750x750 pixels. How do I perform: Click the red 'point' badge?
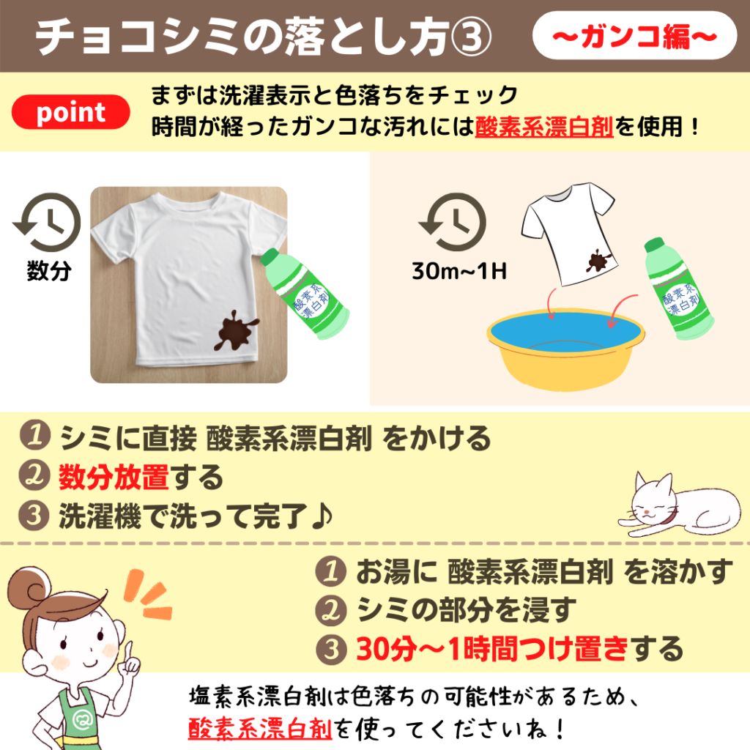(x=71, y=112)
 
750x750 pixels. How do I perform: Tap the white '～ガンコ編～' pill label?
(x=634, y=36)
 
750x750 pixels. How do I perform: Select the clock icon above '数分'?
(x=48, y=222)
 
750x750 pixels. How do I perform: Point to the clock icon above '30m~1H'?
(x=453, y=222)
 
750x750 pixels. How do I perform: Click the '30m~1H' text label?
(x=459, y=271)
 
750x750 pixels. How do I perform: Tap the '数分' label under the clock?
(x=49, y=271)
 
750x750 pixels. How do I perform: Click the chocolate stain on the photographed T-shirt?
(x=235, y=330)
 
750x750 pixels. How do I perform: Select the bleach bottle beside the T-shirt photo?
(x=305, y=293)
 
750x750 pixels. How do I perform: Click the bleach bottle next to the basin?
(x=677, y=289)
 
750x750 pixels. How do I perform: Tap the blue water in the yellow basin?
(x=565, y=330)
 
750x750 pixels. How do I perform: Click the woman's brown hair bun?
(x=29, y=590)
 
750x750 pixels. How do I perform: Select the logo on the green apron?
(x=82, y=719)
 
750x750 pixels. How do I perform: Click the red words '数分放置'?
(x=114, y=478)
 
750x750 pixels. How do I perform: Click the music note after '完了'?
(x=322, y=516)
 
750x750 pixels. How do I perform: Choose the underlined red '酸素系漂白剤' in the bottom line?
(x=260, y=729)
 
